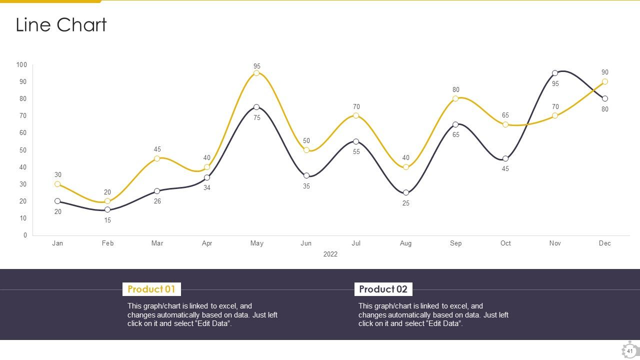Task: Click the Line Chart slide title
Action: pyautogui.click(x=61, y=25)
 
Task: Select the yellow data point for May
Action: pyautogui.click(x=256, y=73)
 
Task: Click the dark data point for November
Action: pyautogui.click(x=555, y=73)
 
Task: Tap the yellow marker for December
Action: pyautogui.click(x=605, y=81)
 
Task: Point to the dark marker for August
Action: pyautogui.click(x=406, y=192)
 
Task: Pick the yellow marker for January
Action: pyautogui.click(x=57, y=184)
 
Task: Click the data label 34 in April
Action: pyautogui.click(x=207, y=188)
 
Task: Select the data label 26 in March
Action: pyautogui.click(x=157, y=201)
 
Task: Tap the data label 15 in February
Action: pyautogui.click(x=107, y=220)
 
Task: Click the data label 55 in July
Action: pyautogui.click(x=356, y=152)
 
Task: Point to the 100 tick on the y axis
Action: pyautogui.click(x=21, y=64)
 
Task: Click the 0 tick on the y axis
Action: pyautogui.click(x=25, y=235)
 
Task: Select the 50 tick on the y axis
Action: pyautogui.click(x=23, y=150)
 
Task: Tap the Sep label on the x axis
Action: pyautogui.click(x=455, y=243)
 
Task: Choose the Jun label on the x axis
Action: pyautogui.click(x=306, y=243)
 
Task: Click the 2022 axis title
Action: pyautogui.click(x=330, y=254)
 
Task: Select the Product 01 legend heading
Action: pyautogui.click(x=151, y=289)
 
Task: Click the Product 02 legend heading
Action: pyautogui.click(x=383, y=289)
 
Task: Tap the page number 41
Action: pyautogui.click(x=629, y=351)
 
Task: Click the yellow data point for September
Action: pyautogui.click(x=455, y=98)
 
